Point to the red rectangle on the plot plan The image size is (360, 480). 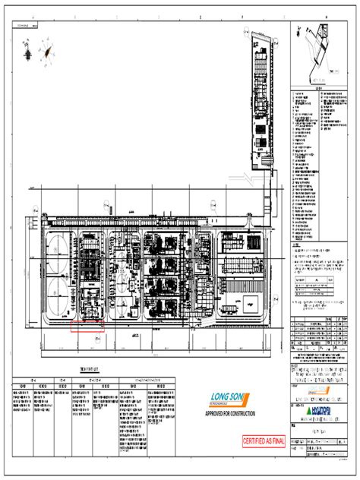click(87, 327)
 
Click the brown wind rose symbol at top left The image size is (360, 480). click(52, 52)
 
